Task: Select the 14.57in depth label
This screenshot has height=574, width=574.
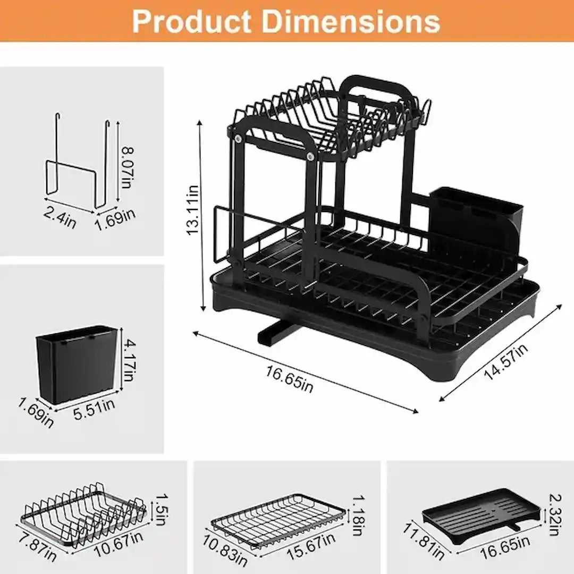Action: pyautogui.click(x=505, y=361)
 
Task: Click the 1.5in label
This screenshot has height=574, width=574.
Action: pyautogui.click(x=161, y=505)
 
